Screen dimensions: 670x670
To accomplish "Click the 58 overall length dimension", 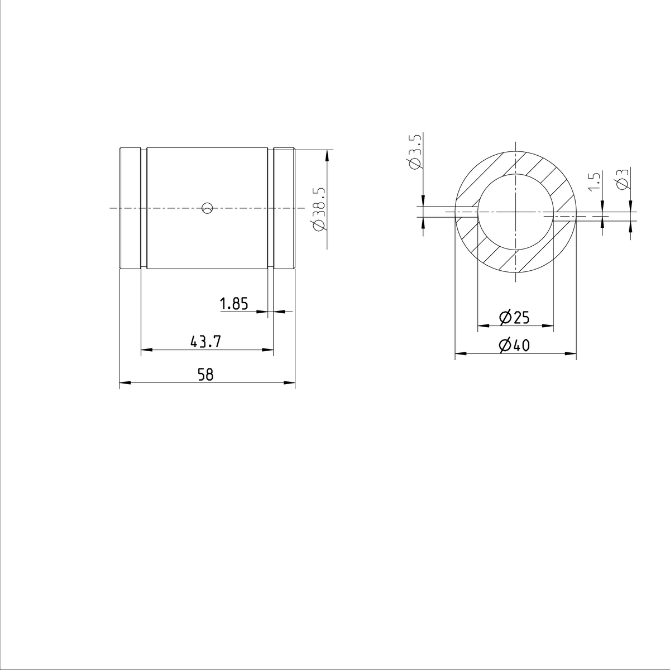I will coord(206,375).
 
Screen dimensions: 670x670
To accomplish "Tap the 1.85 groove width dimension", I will coord(233,304).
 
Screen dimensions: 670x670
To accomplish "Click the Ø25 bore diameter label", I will coord(514,318).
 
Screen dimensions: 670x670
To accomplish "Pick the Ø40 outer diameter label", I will coord(514,346).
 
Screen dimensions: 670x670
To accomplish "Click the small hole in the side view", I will coord(207,208).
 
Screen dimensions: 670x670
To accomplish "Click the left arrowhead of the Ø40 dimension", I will coord(461,353).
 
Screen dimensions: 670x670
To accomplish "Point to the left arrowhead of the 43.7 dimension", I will coord(146,350).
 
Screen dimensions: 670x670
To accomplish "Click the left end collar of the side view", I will coord(130,208).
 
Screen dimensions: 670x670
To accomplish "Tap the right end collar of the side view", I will coord(284,208).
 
